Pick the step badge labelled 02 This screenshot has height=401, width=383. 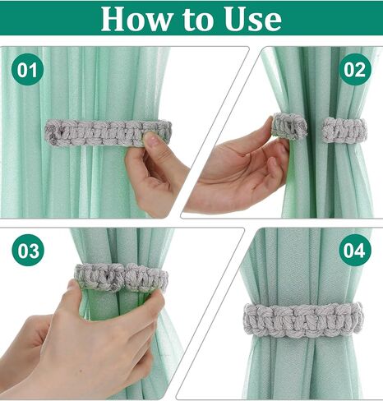pos(354,70)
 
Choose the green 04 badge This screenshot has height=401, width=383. pos(354,251)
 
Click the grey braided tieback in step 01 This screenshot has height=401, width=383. pos(99,132)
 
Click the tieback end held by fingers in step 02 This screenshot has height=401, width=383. pos(289,126)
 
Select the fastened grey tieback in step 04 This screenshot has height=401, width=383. pos(302,318)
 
